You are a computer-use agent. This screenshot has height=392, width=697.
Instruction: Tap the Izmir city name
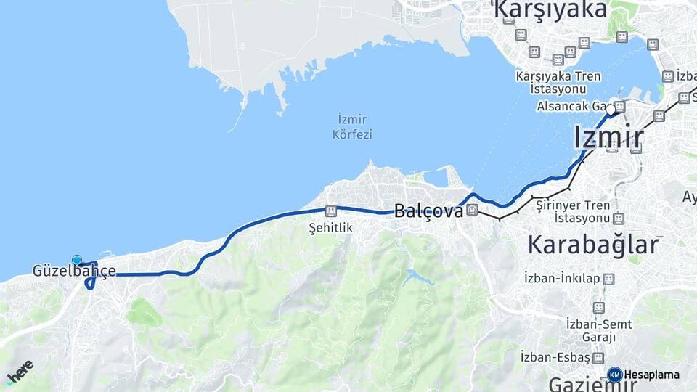608,137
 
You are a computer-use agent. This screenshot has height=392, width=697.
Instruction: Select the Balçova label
428,211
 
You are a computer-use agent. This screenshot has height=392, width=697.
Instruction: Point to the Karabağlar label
593,244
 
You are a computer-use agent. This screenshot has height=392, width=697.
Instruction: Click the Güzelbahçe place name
74,271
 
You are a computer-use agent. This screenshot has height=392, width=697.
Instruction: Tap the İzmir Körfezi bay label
352,126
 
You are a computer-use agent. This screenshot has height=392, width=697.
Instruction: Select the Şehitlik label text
330,227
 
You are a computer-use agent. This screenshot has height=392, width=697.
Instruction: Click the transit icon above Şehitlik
331,211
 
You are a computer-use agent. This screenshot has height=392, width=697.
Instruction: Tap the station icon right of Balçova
473,211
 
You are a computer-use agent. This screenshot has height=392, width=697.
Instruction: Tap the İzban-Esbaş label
555,357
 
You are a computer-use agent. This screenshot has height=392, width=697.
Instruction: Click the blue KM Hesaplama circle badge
614,375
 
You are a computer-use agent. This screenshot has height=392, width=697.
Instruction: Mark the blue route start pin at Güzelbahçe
77,259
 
